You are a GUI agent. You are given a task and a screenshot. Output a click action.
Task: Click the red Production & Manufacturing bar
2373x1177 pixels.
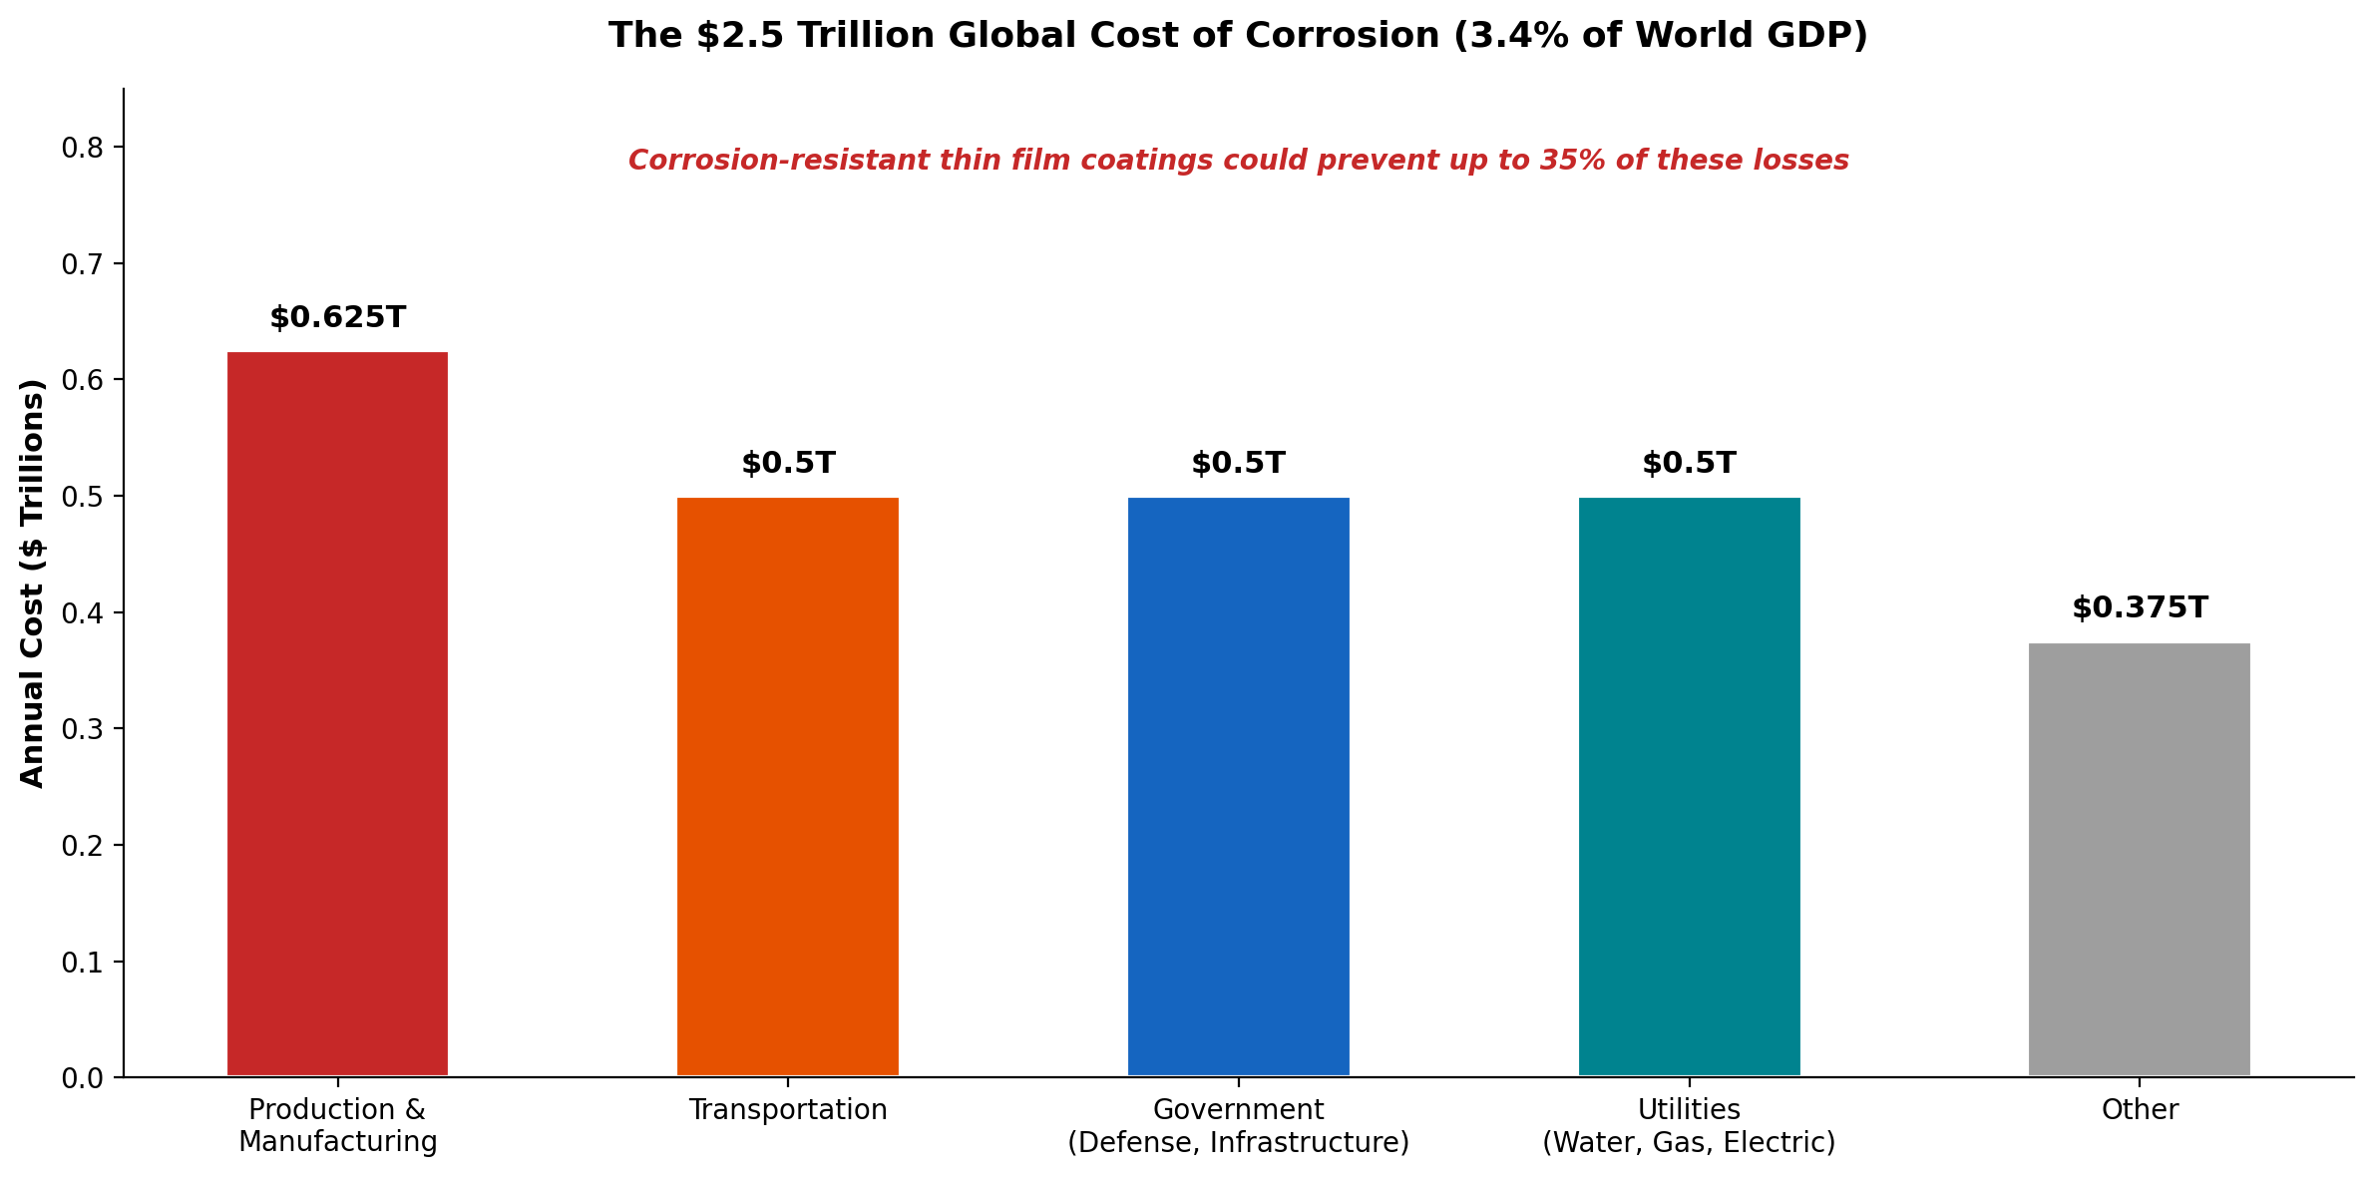coord(337,713)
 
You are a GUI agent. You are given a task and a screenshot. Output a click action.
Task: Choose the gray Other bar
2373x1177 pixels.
coord(2140,859)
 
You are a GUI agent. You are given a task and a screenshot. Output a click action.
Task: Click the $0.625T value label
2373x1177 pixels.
coord(337,318)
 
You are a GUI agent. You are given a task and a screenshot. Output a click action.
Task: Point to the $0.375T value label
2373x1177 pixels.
coord(2140,608)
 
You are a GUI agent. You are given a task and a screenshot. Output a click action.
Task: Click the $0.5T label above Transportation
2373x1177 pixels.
coord(788,464)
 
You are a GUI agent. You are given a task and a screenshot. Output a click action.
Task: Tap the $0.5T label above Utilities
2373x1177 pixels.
coord(1689,464)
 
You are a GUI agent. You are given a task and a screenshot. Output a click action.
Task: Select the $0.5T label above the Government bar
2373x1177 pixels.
coord(1238,464)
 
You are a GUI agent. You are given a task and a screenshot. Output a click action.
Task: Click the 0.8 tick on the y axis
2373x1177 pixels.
coord(82,148)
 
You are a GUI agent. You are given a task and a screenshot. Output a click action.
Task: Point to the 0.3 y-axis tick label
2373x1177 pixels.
coord(82,729)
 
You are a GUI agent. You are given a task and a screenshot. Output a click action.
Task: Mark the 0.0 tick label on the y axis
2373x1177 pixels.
coord(82,1078)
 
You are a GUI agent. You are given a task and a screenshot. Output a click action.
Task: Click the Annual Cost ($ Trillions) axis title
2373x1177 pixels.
coord(33,584)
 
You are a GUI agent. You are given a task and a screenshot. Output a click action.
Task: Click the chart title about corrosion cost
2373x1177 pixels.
coord(1238,36)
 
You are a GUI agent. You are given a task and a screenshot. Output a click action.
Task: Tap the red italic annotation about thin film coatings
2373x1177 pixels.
coord(1238,161)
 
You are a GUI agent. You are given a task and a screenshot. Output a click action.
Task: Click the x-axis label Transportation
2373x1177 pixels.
coord(788,1110)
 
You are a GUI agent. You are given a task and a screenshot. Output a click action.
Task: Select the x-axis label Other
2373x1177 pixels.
coord(2140,1110)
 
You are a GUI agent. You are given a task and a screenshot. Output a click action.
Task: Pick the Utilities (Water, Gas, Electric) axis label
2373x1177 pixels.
coord(1689,1126)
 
